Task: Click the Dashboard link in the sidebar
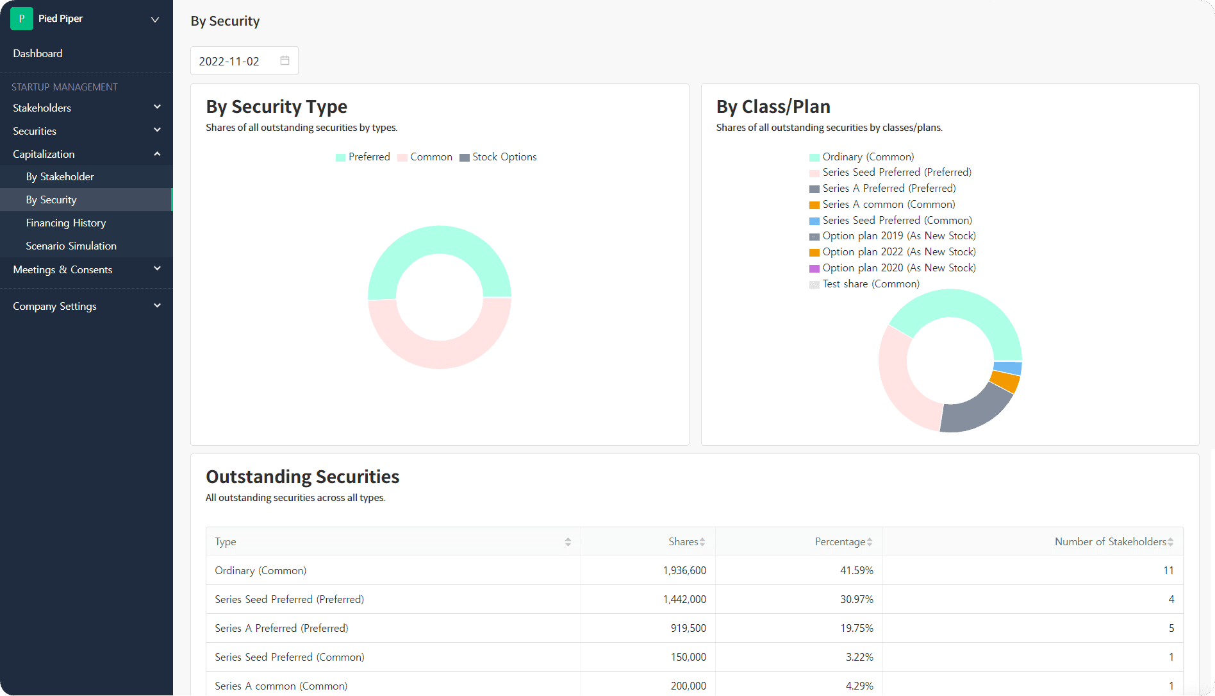pyautogui.click(x=38, y=53)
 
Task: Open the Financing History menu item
pyautogui.click(x=66, y=223)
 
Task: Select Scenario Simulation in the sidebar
pyautogui.click(x=71, y=246)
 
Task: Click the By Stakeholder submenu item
pyautogui.click(x=60, y=176)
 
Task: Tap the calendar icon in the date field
pyautogui.click(x=285, y=60)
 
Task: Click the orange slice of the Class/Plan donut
pyautogui.click(x=1005, y=382)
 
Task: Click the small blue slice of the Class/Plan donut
pyautogui.click(x=1008, y=368)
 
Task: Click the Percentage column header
pyautogui.click(x=839, y=542)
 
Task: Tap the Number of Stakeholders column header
pyautogui.click(x=1110, y=542)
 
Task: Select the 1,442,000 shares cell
pyautogui.click(x=684, y=599)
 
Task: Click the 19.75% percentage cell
pyautogui.click(x=856, y=628)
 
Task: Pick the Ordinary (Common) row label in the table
pyautogui.click(x=260, y=570)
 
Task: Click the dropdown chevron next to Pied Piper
pyautogui.click(x=154, y=19)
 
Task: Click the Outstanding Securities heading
pyautogui.click(x=302, y=477)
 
